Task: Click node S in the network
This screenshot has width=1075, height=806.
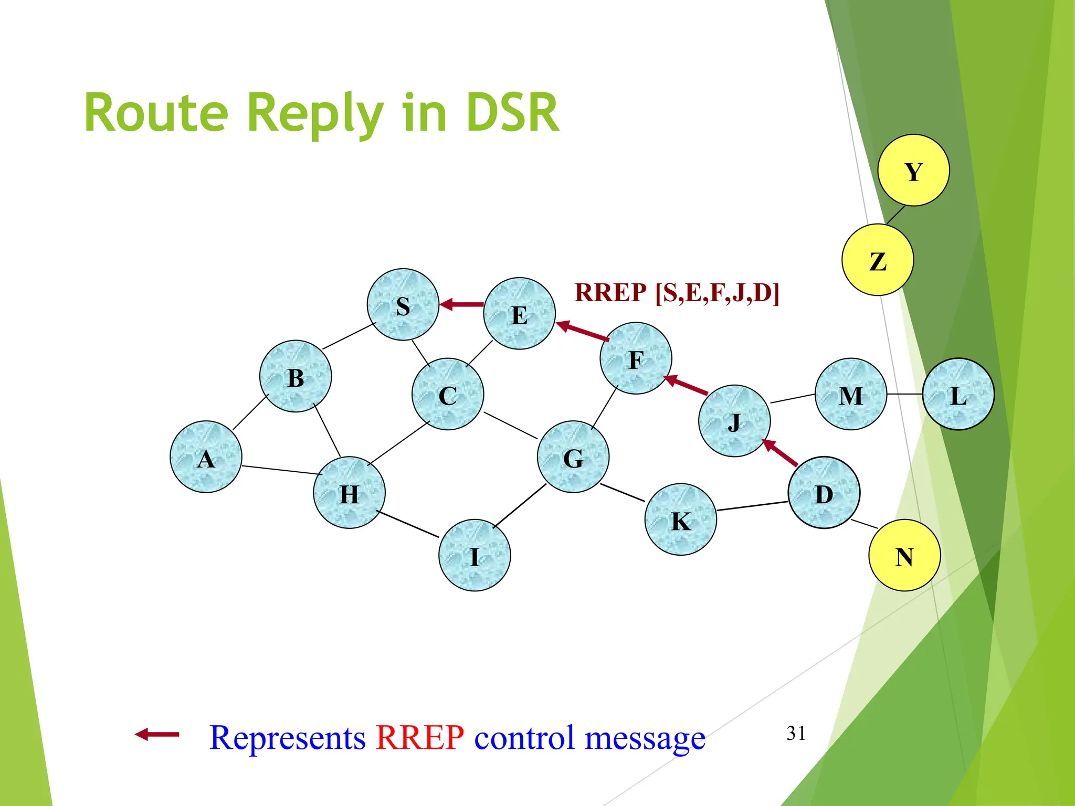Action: (403, 304)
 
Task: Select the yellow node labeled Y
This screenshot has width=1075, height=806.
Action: (913, 170)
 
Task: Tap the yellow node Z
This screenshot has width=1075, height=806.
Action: (878, 260)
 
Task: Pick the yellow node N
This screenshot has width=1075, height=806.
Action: (904, 555)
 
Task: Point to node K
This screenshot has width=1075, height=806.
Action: (681, 519)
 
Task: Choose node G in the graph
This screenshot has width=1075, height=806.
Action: (573, 457)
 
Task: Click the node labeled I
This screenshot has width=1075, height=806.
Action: (475, 555)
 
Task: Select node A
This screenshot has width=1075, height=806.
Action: (206, 457)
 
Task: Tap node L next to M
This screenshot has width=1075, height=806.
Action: (958, 394)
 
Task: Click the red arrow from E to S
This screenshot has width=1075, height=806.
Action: (462, 304)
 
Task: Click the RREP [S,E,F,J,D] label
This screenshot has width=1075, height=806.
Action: (677, 293)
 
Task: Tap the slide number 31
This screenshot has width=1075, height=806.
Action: (796, 733)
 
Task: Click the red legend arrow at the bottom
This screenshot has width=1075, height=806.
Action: (157, 734)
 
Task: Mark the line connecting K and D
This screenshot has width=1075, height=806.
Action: (752, 506)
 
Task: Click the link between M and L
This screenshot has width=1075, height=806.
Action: (904, 394)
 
